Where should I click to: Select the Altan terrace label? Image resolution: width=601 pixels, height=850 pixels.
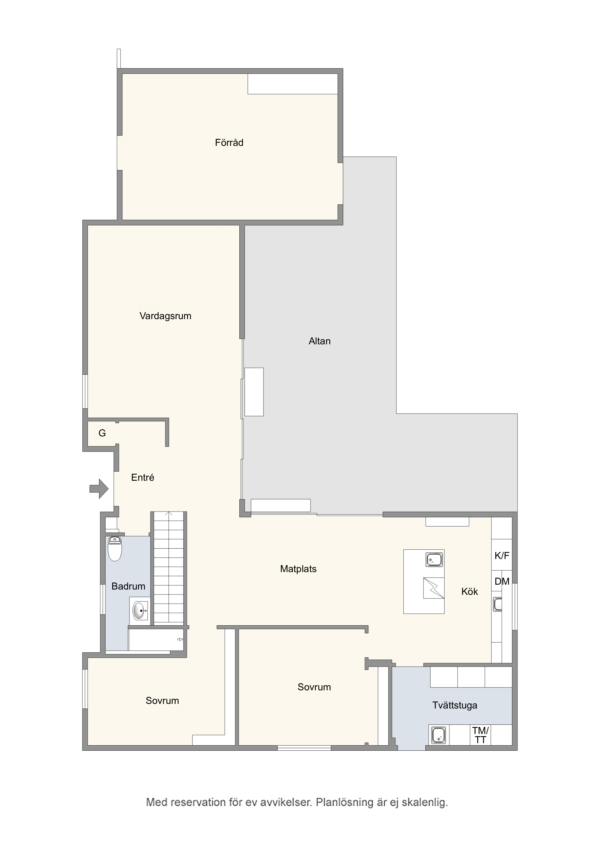320,341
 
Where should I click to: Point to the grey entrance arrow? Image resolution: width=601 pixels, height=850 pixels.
99,489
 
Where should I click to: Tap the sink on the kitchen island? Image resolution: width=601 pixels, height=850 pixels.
434,559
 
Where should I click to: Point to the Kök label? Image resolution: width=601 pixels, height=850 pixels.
470,592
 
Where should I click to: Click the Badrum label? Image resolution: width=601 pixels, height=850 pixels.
128,586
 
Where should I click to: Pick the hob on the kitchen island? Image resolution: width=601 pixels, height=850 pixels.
434,588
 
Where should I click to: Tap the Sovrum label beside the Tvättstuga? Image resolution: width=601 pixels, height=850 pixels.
314,687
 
